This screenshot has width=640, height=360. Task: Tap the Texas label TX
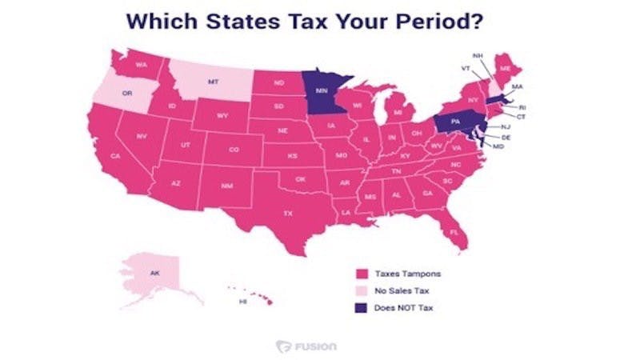click(288, 214)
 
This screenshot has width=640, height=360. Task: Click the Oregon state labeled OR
click(126, 93)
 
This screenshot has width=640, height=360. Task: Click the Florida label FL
click(454, 232)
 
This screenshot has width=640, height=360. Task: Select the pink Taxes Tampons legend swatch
click(362, 274)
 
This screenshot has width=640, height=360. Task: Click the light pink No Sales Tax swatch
click(362, 291)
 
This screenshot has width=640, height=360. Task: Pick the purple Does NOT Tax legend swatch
click(362, 308)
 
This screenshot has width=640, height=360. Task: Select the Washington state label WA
click(141, 64)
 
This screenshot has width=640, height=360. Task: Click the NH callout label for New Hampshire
click(478, 55)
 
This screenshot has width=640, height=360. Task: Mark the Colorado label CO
click(234, 149)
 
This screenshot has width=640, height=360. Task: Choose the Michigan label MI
click(398, 113)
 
